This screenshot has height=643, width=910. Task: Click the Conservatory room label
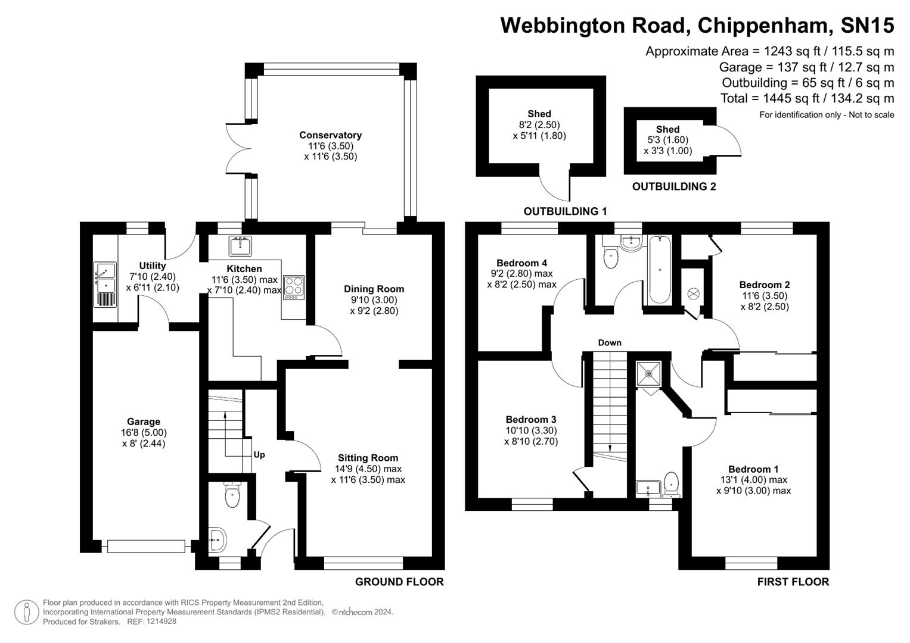pyautogui.click(x=330, y=135)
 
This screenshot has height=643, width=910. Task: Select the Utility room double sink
pyautogui.click(x=105, y=285)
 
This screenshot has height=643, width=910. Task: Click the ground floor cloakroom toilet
pyautogui.click(x=232, y=495)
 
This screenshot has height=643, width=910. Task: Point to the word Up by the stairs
pyautogui.click(x=259, y=455)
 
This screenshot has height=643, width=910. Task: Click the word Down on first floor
pyautogui.click(x=610, y=343)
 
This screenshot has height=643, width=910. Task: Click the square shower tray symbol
pyautogui.click(x=648, y=374)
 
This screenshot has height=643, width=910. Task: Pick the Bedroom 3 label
pyautogui.click(x=531, y=420)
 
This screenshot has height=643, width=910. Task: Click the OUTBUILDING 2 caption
pyautogui.click(x=674, y=187)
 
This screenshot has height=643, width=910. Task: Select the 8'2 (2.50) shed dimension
pyautogui.click(x=539, y=125)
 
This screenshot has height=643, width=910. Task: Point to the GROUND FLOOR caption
pyautogui.click(x=399, y=582)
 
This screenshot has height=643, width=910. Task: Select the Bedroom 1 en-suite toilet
pyautogui.click(x=672, y=483)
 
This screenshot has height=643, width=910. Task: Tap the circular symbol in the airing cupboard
pyautogui.click(x=694, y=294)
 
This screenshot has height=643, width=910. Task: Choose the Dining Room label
pyautogui.click(x=374, y=289)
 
